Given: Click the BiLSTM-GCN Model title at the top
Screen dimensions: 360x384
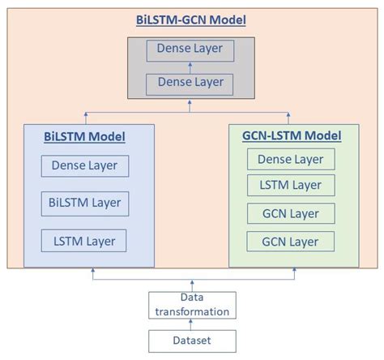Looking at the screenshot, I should [191, 18].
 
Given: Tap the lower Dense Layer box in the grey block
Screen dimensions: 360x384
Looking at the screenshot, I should [191, 83].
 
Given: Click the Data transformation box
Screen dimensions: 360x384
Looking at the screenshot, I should [192, 305].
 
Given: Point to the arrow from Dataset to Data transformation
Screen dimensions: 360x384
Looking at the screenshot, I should [192, 324].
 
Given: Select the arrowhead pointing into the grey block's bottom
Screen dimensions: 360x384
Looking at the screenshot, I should [192, 104].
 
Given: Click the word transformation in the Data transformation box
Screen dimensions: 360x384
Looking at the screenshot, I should [192, 311].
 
